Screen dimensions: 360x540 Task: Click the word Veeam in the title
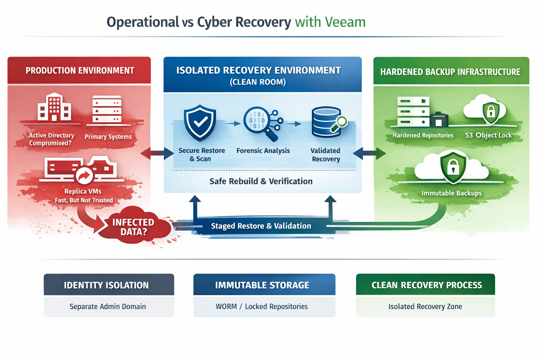pyautogui.click(x=345, y=22)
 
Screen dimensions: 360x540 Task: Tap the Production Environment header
pyautogui.click(x=79, y=71)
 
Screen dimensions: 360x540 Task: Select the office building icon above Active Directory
pyautogui.click(x=54, y=107)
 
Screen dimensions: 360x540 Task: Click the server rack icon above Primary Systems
pyautogui.click(x=107, y=109)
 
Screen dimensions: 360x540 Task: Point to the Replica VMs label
pyautogui.click(x=83, y=191)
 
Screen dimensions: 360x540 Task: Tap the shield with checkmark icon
pyautogui.click(x=200, y=123)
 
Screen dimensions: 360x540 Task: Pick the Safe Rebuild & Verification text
pyautogui.click(x=261, y=181)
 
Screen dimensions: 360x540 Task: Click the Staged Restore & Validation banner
pyautogui.click(x=261, y=226)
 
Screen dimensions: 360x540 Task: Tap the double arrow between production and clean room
pyautogui.click(x=157, y=153)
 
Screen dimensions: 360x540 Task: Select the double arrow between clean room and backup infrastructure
pyautogui.click(x=369, y=153)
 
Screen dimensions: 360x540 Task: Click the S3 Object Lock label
pyautogui.click(x=488, y=135)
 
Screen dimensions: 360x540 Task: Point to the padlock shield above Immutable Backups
pyautogui.click(x=453, y=167)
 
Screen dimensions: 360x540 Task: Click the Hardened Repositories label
pyautogui.click(x=423, y=135)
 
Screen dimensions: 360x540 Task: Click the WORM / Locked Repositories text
pyautogui.click(x=262, y=307)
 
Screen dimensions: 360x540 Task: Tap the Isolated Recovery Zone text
pyautogui.click(x=425, y=307)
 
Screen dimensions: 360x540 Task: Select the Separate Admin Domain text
pyautogui.click(x=108, y=307)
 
